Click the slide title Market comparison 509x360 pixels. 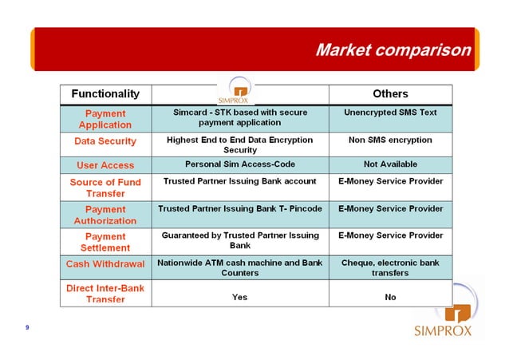click(393, 50)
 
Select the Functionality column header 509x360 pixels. click(105, 94)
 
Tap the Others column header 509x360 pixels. click(390, 94)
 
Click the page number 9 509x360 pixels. click(27, 327)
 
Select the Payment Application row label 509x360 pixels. click(105, 119)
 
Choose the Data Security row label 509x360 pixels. click(105, 141)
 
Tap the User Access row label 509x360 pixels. click(105, 165)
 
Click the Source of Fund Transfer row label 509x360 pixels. click(105, 188)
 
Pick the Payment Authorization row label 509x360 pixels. click(105, 215)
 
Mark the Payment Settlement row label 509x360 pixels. click(105, 242)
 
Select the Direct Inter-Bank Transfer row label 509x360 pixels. click(105, 293)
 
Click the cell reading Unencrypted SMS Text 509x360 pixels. click(390, 113)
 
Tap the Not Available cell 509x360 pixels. click(390, 164)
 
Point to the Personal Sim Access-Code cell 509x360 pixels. click(239, 164)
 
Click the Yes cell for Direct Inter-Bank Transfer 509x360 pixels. click(239, 297)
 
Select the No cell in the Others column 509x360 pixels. click(390, 297)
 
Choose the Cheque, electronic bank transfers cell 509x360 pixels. click(390, 267)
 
